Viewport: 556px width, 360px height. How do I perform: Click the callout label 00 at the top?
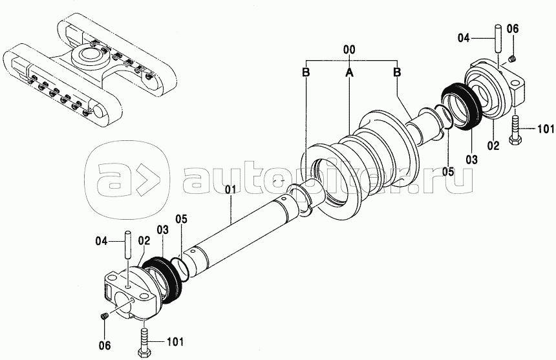point(349,50)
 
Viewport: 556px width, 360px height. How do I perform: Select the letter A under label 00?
point(349,72)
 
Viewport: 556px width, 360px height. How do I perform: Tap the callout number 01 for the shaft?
point(231,189)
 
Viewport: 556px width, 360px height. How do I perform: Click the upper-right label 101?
point(546,129)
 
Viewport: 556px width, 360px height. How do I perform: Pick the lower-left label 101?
point(175,342)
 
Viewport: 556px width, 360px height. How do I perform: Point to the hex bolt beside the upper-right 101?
point(515,130)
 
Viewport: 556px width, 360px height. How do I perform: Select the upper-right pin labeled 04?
point(498,39)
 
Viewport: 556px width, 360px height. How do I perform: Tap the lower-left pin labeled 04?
point(128,244)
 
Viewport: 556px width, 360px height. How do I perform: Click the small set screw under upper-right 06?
point(512,59)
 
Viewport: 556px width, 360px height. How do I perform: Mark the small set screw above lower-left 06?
point(104,316)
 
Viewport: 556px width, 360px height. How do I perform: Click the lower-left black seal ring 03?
point(164,279)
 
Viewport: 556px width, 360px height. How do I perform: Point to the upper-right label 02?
point(493,145)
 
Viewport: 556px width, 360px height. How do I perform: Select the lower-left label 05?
point(181,218)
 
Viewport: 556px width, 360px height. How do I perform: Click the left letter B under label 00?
point(306,72)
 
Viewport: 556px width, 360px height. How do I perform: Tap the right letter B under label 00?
point(397,72)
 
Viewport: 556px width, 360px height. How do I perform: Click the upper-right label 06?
point(512,29)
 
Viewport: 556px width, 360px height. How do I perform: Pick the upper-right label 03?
point(471,160)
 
